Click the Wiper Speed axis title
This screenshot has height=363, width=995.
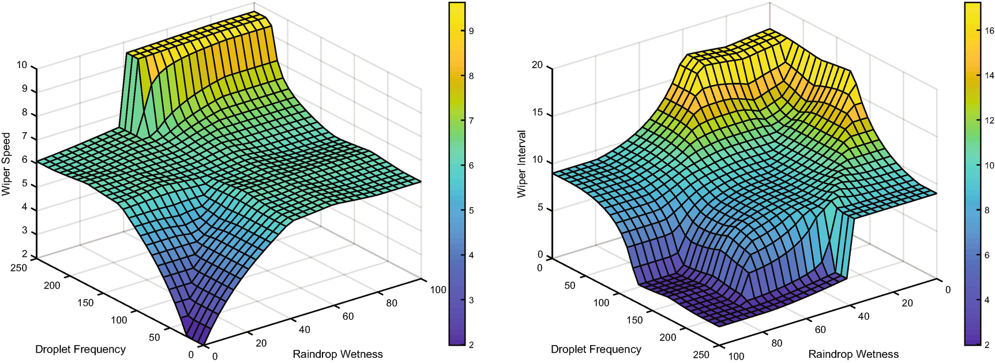[6, 164]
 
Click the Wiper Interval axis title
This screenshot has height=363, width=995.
[522, 164]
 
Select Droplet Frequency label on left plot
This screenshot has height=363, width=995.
[80, 349]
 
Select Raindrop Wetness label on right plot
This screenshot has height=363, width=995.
[853, 354]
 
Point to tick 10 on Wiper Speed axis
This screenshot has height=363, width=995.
[22, 65]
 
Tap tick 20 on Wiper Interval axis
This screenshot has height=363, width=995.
[537, 65]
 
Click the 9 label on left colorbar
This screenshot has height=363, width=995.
[471, 31]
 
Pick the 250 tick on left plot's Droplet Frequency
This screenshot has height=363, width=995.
[19, 268]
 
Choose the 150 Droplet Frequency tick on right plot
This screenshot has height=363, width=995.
[634, 320]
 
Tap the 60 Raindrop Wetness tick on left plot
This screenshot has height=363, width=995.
[348, 316]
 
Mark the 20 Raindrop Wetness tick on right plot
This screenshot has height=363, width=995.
[907, 303]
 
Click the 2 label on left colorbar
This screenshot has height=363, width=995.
[471, 345]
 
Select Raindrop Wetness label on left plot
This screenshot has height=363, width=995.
[337, 354]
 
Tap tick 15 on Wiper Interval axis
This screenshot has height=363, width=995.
[537, 113]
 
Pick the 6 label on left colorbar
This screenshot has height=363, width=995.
[471, 166]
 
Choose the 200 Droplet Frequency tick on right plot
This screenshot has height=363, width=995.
[667, 337]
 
